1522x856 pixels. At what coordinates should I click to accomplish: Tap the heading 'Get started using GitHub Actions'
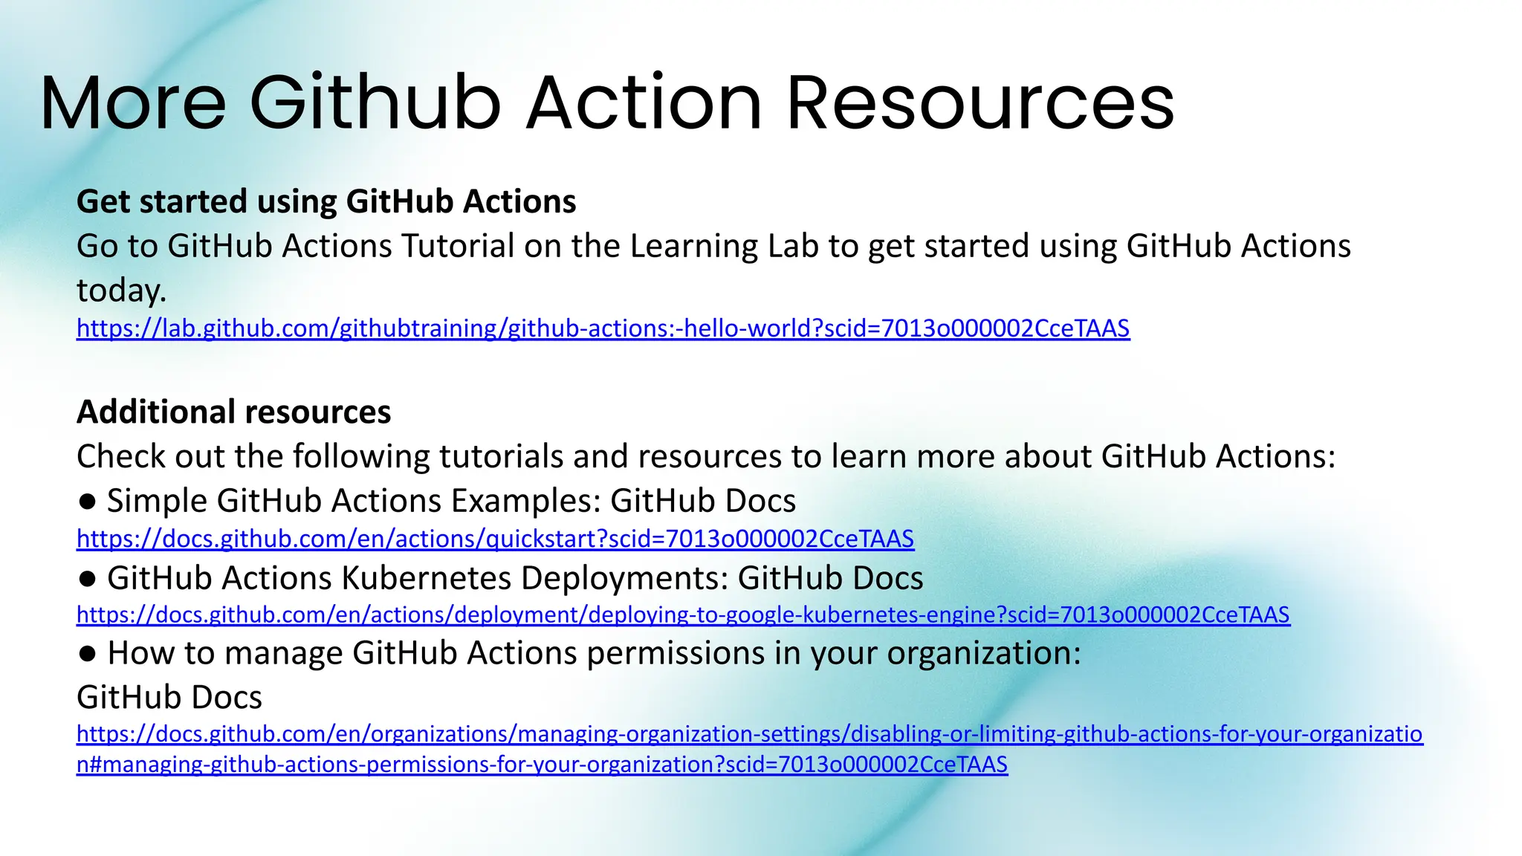coord(326,201)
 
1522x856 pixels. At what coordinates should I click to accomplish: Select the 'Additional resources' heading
coord(233,412)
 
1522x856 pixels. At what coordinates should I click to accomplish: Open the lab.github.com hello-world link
coord(603,328)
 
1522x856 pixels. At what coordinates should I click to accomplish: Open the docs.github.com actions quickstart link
coord(495,539)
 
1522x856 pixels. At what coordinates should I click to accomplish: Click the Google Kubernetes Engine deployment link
coord(683,615)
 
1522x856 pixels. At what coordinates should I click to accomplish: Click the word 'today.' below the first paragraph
coord(121,291)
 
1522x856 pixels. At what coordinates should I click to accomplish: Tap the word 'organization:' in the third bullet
coord(984,653)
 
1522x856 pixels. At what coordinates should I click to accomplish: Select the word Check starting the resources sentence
coord(121,456)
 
